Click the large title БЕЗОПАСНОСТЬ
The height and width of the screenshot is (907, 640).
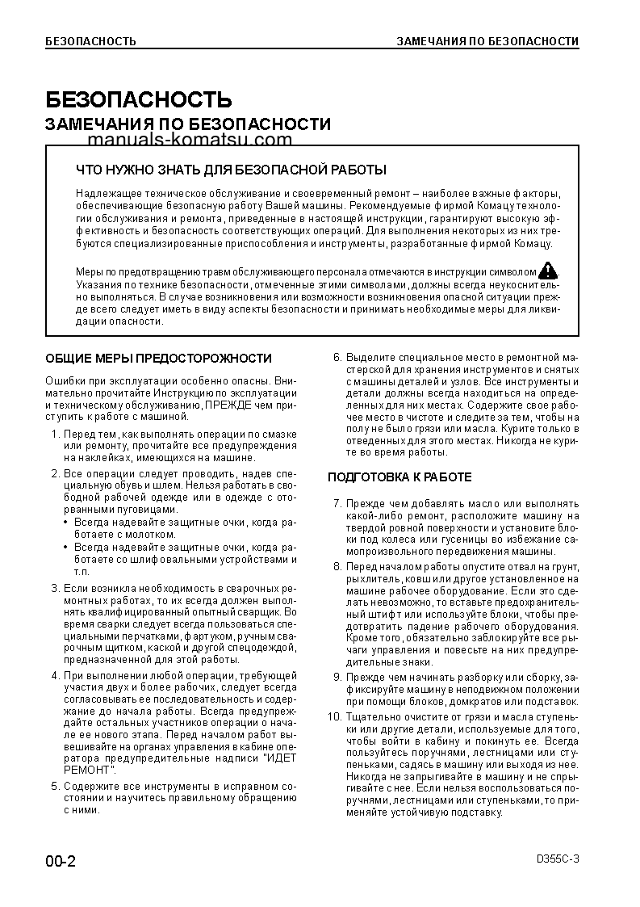click(x=138, y=99)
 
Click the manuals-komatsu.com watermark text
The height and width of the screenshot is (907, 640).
click(x=188, y=140)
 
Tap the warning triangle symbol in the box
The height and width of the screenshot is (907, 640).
click(x=548, y=271)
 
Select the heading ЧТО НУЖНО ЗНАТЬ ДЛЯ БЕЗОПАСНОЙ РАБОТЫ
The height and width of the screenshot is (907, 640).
click(x=230, y=170)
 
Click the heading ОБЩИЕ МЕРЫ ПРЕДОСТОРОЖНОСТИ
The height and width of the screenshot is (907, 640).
click(x=158, y=358)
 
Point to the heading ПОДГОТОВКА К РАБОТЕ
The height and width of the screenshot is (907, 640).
click(x=399, y=477)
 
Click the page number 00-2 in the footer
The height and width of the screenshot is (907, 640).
click(x=61, y=861)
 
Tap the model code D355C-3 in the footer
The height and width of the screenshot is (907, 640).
click(x=557, y=859)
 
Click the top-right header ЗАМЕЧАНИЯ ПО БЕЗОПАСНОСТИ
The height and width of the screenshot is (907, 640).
click(x=487, y=41)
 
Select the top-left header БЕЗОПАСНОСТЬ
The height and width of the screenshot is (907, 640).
click(x=90, y=41)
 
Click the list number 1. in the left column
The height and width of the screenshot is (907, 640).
click(x=55, y=435)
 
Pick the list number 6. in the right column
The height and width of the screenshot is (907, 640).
click(x=337, y=358)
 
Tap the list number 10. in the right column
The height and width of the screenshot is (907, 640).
click(x=335, y=717)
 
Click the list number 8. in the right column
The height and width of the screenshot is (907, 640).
click(x=337, y=567)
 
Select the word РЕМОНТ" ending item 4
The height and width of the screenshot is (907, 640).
click(x=90, y=771)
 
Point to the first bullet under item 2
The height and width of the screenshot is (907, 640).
click(x=66, y=523)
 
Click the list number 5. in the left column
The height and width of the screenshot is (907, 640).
click(x=55, y=786)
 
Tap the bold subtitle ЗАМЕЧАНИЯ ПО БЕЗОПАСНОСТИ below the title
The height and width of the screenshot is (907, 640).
click(x=188, y=124)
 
